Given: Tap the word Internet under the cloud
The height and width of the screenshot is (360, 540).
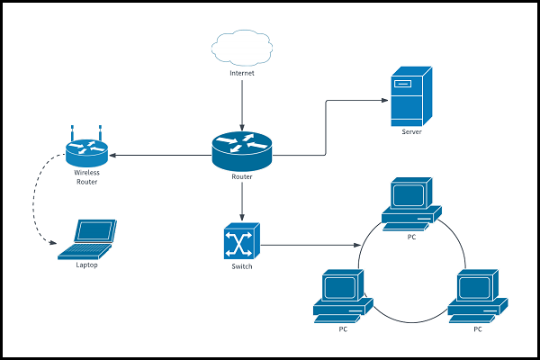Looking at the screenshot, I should click(241, 73).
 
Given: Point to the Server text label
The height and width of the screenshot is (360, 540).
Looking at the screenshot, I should click(411, 132).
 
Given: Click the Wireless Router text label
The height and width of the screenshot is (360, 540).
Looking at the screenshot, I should click(86, 177).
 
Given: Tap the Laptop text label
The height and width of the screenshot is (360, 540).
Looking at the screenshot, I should click(86, 265).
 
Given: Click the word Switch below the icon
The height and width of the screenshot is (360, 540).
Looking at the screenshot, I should click(242, 267).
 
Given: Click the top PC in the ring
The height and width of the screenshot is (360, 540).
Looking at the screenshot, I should click(411, 203).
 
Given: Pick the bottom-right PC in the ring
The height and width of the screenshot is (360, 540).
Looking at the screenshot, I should click(477, 295).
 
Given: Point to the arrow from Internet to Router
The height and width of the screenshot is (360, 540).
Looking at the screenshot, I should click(241, 103).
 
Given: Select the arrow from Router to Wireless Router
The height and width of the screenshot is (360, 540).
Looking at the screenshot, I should click(162, 156).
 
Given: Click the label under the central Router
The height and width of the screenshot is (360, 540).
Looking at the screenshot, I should click(241, 177).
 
